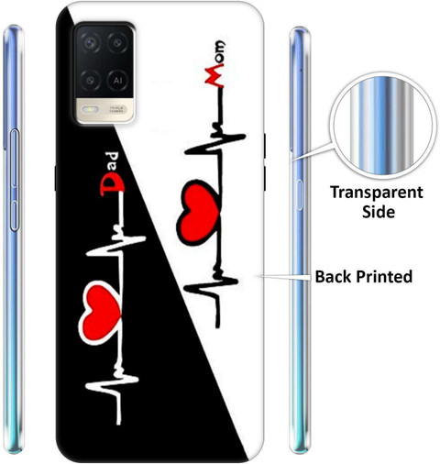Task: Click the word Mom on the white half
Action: coord(215,64)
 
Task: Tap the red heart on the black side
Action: coord(100,313)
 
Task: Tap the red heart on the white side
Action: coord(198,213)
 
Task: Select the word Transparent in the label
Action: coord(377,193)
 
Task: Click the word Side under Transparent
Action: coord(379,212)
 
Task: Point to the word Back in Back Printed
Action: coord(334,277)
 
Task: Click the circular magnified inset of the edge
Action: coord(381,126)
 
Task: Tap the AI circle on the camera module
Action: coord(117,81)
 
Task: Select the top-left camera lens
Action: coord(90,43)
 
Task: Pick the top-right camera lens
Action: coord(117,43)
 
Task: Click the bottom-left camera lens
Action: coord(90,81)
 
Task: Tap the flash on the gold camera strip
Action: coord(90,109)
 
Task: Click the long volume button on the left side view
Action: coord(14,159)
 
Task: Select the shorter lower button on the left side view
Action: coord(14,215)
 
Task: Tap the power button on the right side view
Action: coord(300,194)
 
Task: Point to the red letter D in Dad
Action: coord(112,186)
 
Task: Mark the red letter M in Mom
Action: coord(214,77)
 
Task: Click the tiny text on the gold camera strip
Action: coord(116,109)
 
